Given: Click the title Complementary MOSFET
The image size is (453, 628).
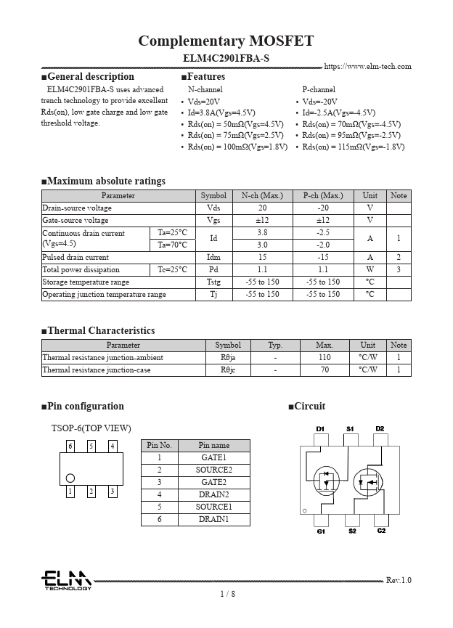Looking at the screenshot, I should pyautogui.click(x=226, y=41).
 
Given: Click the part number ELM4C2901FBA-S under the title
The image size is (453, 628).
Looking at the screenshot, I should pyautogui.click(x=226, y=57).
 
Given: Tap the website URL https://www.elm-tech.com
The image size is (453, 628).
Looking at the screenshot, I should pyautogui.click(x=367, y=67).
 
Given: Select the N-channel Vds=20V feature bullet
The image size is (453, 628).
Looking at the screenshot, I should pyautogui.click(x=204, y=102).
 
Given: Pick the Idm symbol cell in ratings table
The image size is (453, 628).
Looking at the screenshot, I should pyautogui.click(x=213, y=258).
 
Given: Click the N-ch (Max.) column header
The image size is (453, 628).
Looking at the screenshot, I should pyautogui.click(x=262, y=196).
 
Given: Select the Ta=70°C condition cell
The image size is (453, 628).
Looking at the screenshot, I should pyautogui.click(x=173, y=245).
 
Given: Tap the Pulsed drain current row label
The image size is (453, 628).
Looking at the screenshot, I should pyautogui.click(x=76, y=258).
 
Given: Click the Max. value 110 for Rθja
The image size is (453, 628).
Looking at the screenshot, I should pyautogui.click(x=325, y=358).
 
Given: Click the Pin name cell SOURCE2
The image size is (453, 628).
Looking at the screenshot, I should pyautogui.click(x=214, y=470).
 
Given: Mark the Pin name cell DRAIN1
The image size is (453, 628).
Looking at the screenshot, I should pyautogui.click(x=214, y=519).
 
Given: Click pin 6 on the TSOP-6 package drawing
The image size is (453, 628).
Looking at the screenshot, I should pyautogui.click(x=70, y=446).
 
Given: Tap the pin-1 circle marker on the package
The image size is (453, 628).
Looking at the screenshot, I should pyautogui.click(x=70, y=478).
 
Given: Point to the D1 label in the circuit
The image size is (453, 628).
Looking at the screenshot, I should pyautogui.click(x=320, y=429).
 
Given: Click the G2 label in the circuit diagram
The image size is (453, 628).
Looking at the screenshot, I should pyautogui.click(x=381, y=531).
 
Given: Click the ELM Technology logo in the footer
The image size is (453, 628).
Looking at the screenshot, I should pyautogui.click(x=66, y=580).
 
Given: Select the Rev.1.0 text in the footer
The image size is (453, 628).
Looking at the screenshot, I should pyautogui.click(x=398, y=580).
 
